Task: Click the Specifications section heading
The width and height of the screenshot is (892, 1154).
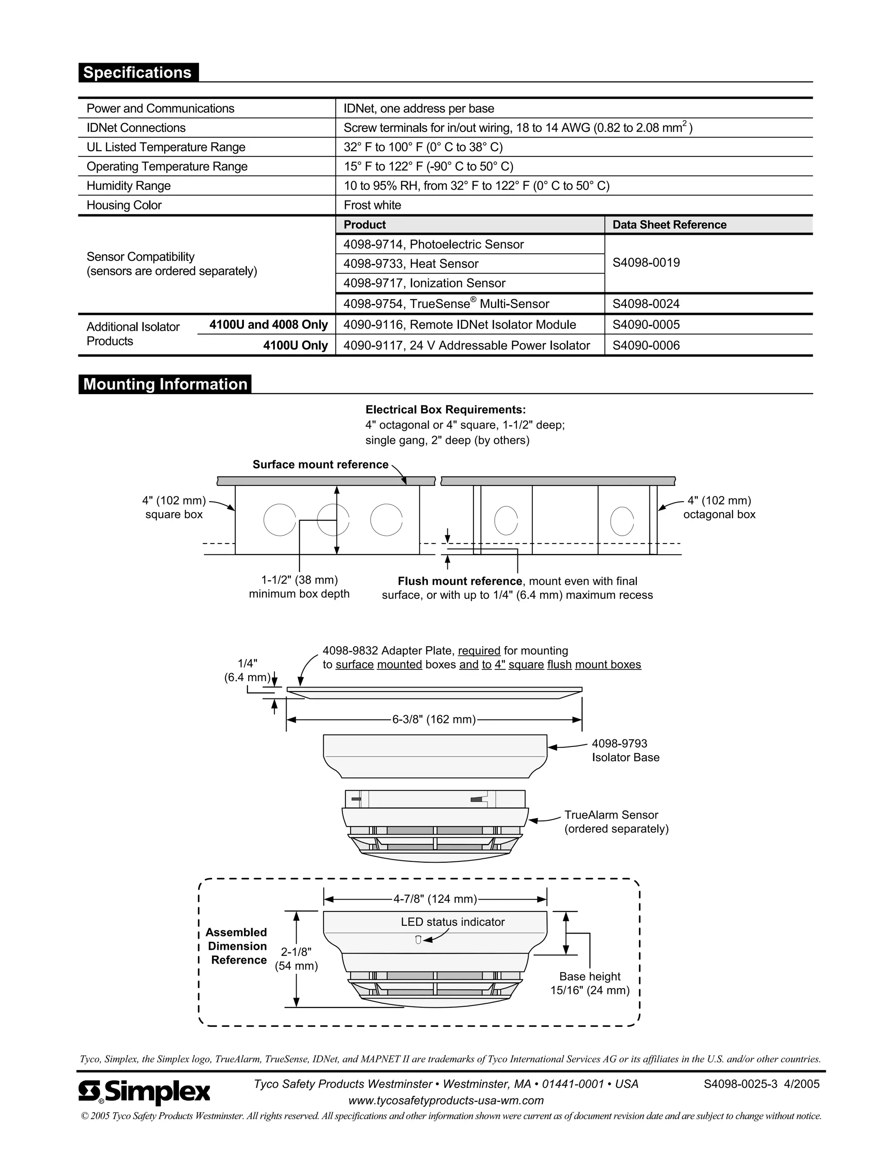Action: click(x=137, y=72)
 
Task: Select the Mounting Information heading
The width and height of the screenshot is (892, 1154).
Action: click(x=165, y=384)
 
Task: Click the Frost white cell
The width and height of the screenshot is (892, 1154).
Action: click(x=372, y=205)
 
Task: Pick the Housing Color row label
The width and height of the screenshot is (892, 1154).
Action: click(x=124, y=205)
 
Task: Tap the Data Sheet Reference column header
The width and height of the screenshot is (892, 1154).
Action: click(x=669, y=225)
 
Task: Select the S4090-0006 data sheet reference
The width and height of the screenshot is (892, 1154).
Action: click(x=646, y=346)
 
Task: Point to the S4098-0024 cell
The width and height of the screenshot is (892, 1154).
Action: click(x=646, y=304)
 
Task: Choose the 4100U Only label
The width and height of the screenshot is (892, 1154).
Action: click(x=295, y=346)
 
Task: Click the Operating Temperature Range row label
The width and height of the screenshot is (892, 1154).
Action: click(x=167, y=166)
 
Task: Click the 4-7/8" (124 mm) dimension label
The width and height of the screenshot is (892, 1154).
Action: click(x=435, y=899)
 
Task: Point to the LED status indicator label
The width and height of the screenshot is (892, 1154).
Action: click(x=453, y=921)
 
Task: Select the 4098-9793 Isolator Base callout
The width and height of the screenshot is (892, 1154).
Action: click(x=625, y=750)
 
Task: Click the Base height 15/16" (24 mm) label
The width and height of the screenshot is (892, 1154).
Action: click(x=590, y=983)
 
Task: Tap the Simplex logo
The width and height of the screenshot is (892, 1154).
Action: click(x=144, y=1092)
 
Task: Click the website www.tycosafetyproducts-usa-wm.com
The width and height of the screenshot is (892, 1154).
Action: click(x=446, y=1100)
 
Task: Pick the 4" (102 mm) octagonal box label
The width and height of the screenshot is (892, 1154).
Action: click(x=719, y=507)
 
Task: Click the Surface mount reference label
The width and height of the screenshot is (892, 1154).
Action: click(x=320, y=465)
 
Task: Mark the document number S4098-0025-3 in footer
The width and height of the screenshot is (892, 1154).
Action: click(x=740, y=1084)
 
